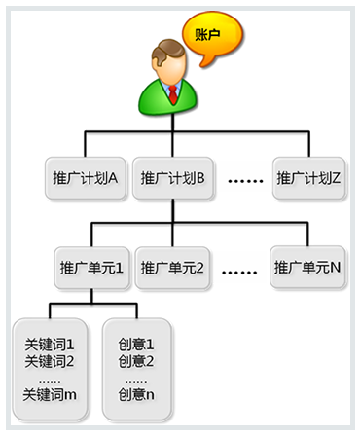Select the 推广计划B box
click(173, 179)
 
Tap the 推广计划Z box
click(309, 179)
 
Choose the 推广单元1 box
click(90, 267)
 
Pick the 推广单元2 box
click(171, 267)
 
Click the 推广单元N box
click(307, 267)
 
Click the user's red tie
click(171, 93)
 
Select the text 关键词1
click(50, 345)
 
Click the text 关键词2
click(50, 361)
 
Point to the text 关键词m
click(50, 395)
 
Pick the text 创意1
click(136, 345)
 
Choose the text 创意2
click(136, 361)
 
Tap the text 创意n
click(136, 395)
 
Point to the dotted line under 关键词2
click(50, 379)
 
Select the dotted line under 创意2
click(136, 379)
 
